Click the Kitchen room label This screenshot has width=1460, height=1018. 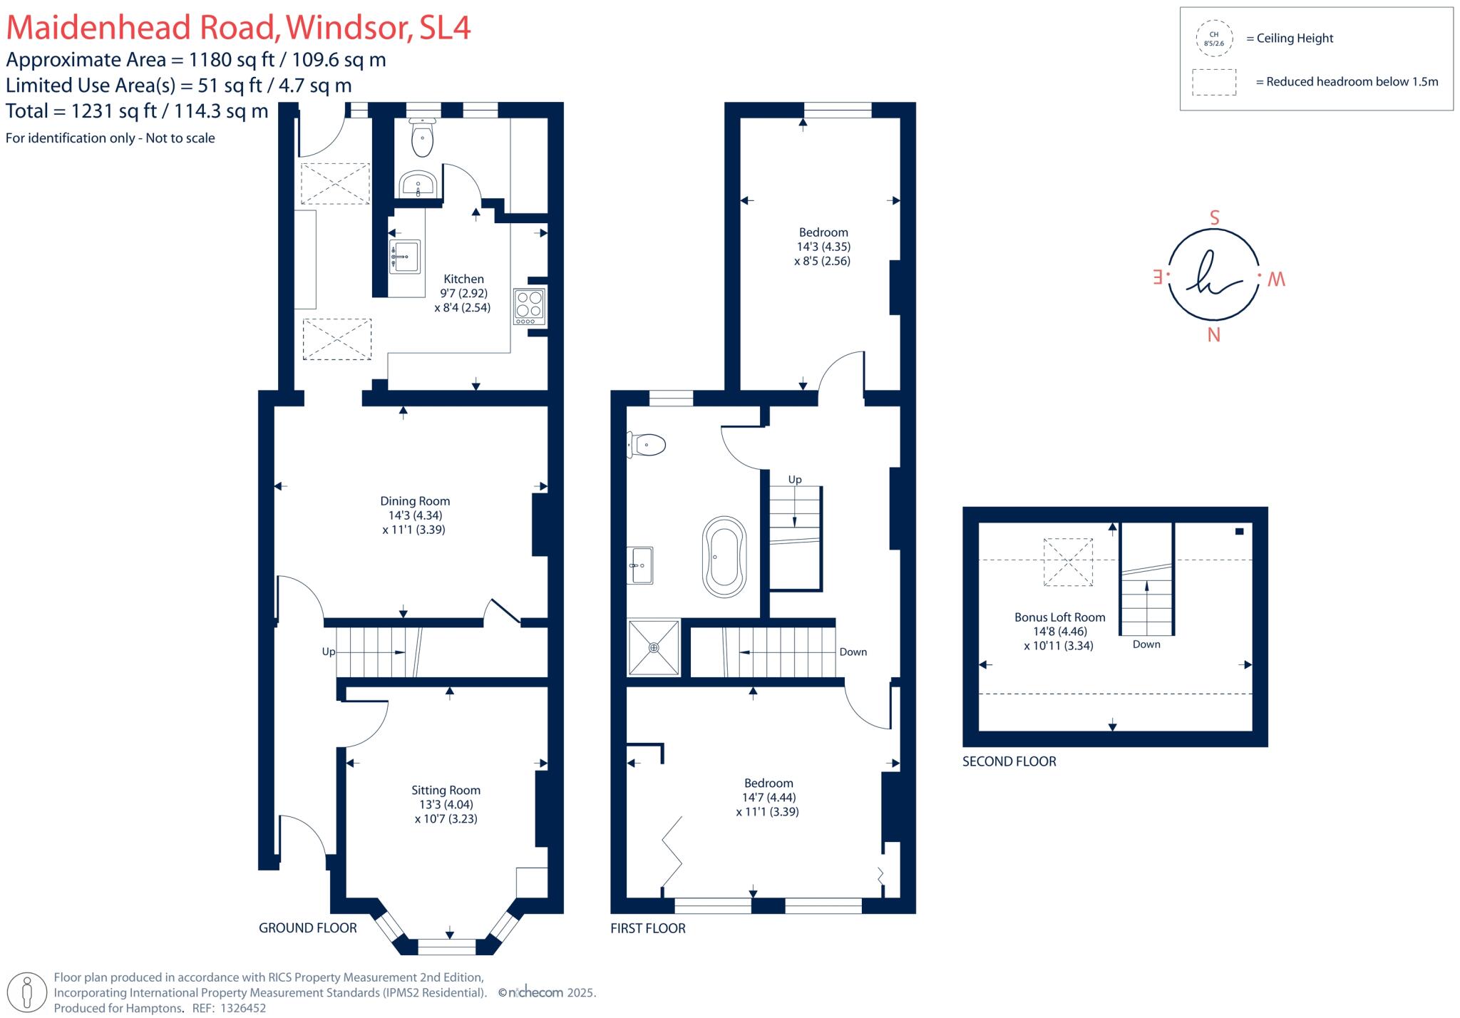pos(463,279)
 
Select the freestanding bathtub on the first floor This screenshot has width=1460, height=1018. pos(724,557)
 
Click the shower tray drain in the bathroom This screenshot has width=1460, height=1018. pos(654,647)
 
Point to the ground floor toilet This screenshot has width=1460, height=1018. pos(423,139)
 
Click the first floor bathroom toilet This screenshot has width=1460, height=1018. pos(647,445)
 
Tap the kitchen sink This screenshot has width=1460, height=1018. pos(405,256)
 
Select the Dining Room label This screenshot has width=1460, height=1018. pos(415,501)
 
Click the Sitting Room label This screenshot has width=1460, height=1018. pos(446,790)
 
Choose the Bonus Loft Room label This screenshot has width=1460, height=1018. pos(1059,617)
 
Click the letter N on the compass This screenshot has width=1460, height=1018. pos(1213,334)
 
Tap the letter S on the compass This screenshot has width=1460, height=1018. pos(1215,218)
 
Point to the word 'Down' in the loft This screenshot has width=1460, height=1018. pos(1146,644)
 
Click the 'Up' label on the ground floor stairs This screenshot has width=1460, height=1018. pos(329,652)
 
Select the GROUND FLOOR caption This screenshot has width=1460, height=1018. pos(307,927)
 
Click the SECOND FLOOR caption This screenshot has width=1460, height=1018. pos(1009,761)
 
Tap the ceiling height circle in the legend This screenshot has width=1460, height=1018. pos(1213,38)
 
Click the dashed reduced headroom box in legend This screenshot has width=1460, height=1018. pos(1213,82)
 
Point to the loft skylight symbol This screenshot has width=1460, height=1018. pos(1068,562)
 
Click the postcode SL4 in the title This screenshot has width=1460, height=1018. pos(445,27)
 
